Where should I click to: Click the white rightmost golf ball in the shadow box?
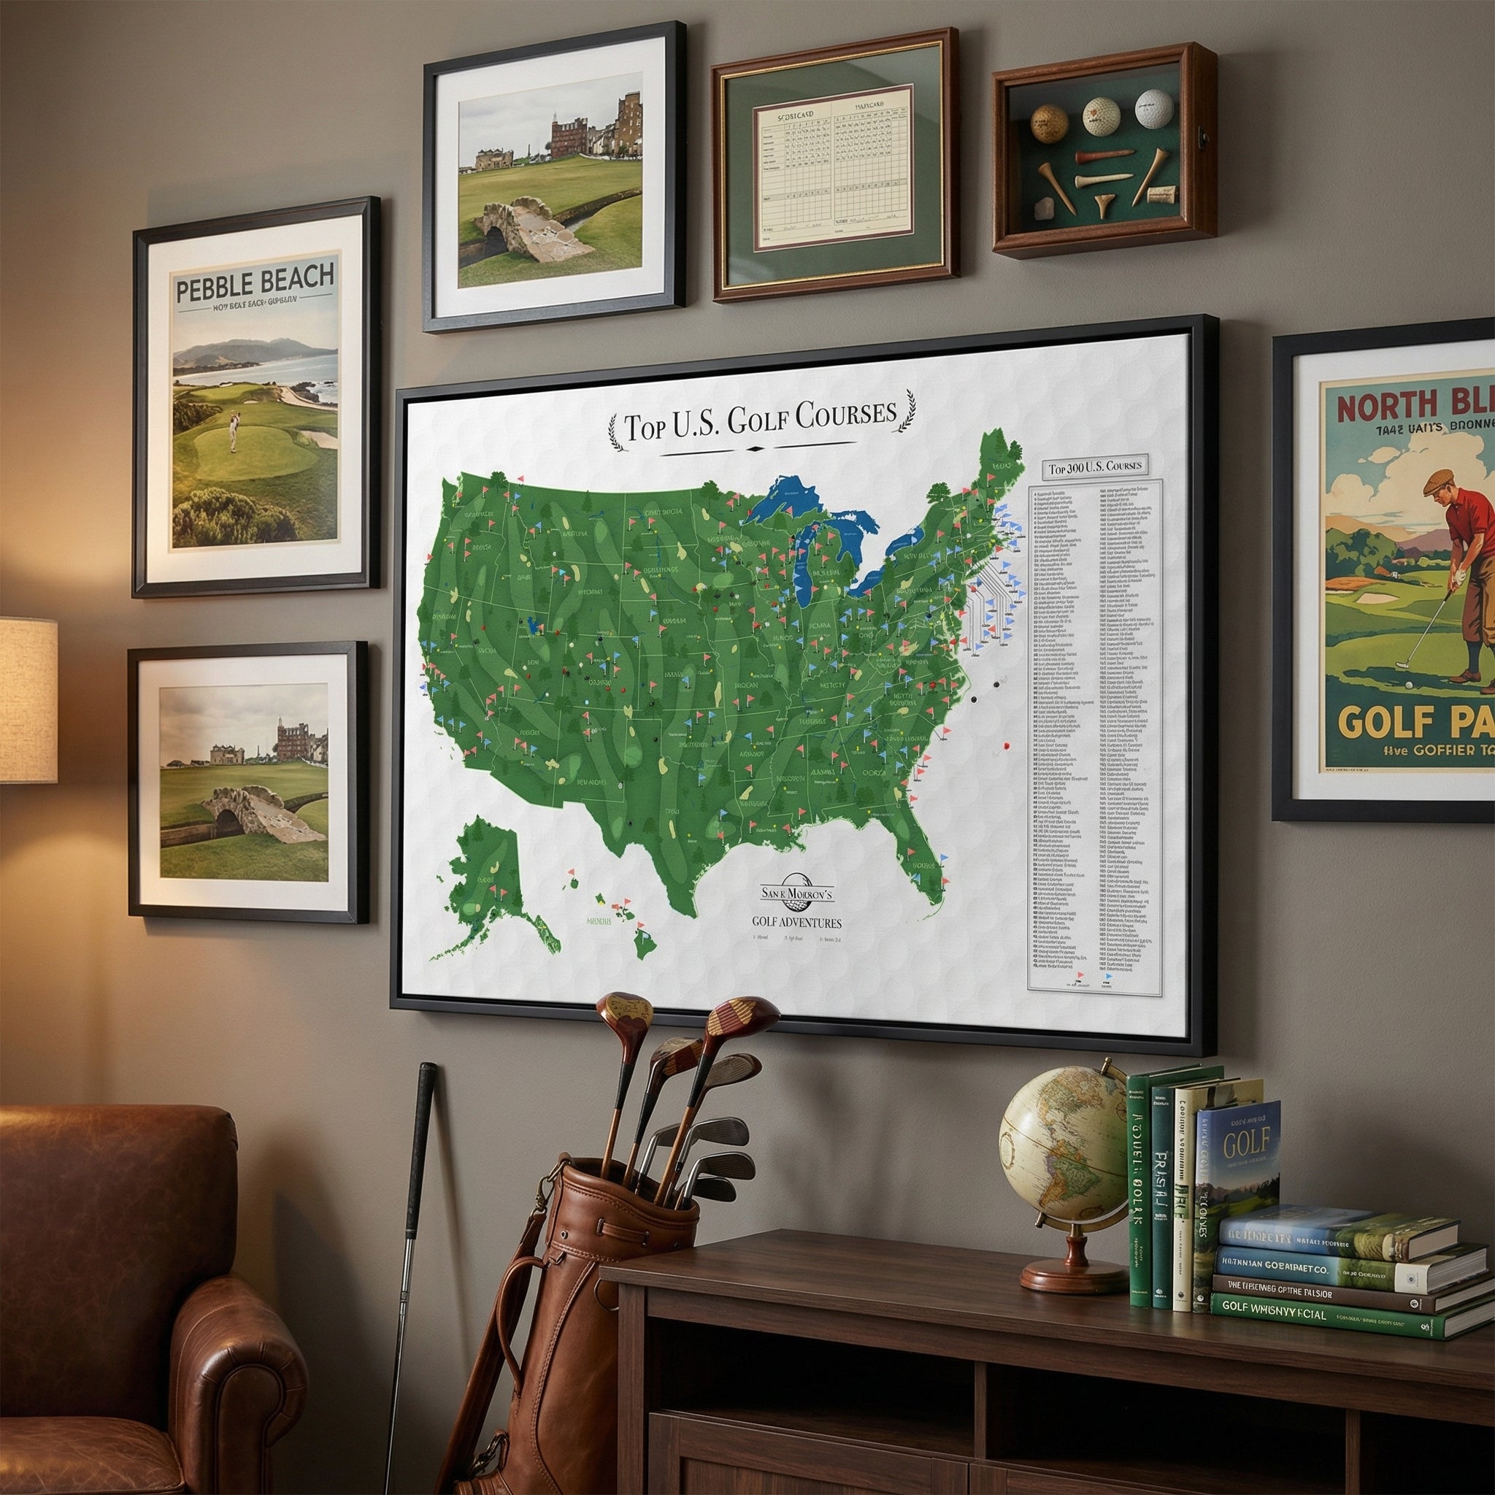coord(1153,108)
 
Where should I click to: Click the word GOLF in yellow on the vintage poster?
coord(1379,722)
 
